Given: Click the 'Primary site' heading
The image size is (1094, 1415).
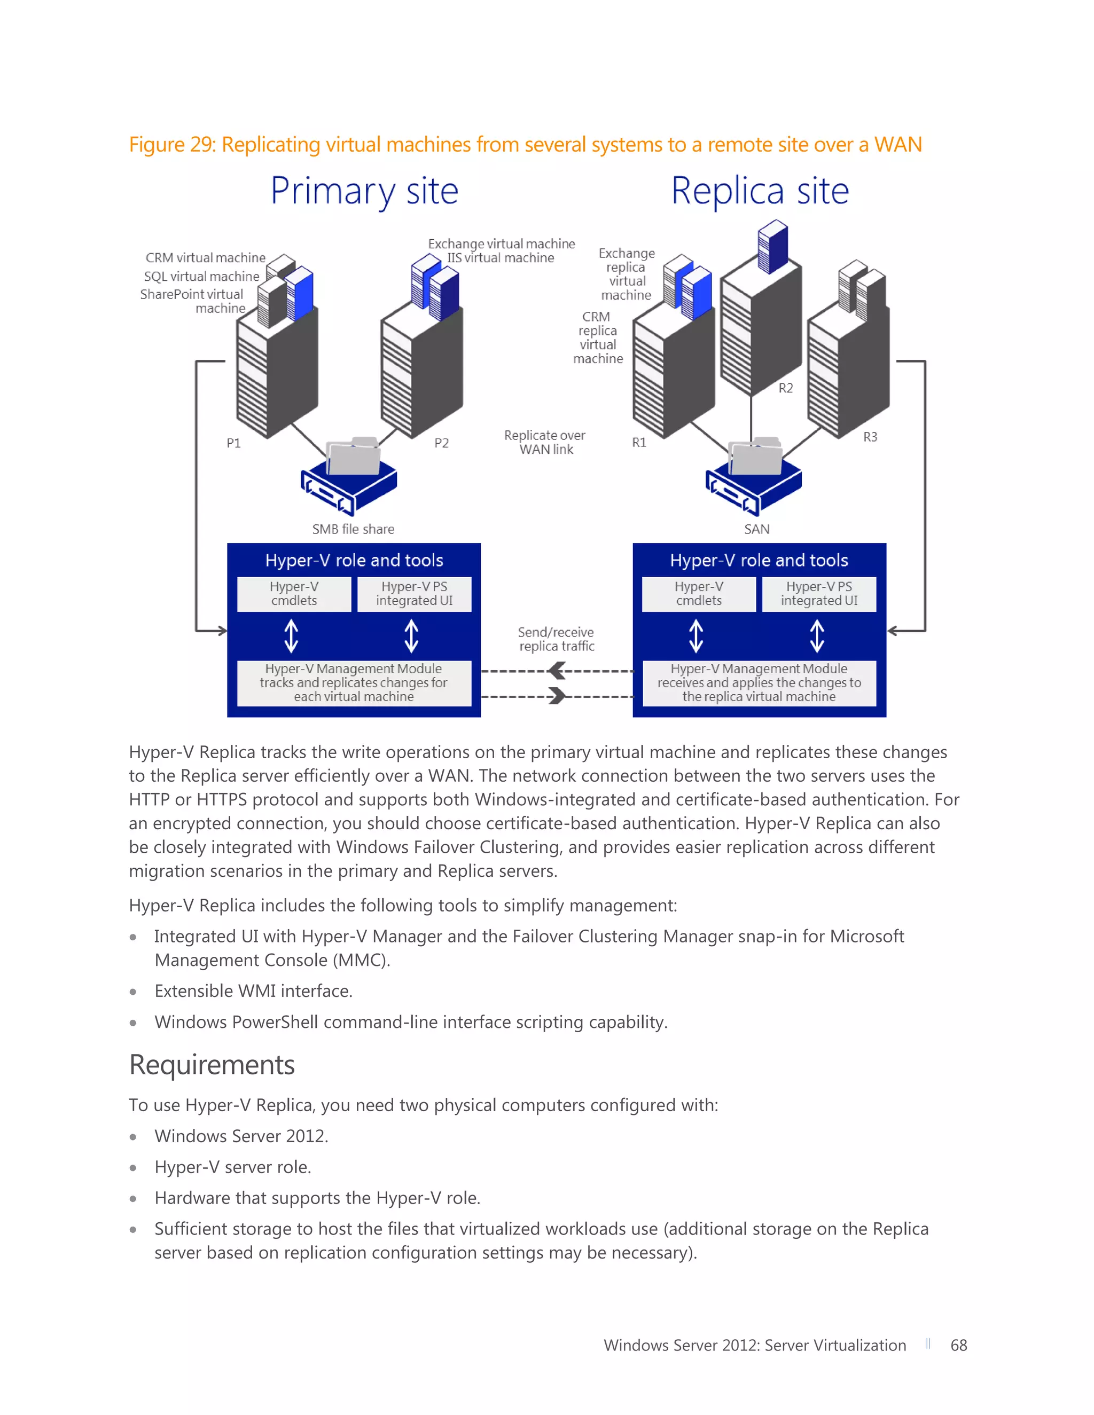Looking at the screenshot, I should [364, 192].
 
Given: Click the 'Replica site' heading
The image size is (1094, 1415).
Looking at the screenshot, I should [760, 192].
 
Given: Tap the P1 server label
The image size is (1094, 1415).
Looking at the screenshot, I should [233, 443].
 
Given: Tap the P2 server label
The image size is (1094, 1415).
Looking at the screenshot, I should [441, 443].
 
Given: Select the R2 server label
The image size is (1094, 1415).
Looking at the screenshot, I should [785, 388].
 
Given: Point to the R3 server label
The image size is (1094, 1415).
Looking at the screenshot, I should [870, 437].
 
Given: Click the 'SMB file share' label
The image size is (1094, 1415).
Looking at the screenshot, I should [353, 529].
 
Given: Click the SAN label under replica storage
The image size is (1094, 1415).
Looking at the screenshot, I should [756, 529].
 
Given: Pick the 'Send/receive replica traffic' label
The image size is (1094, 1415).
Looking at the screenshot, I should [556, 639].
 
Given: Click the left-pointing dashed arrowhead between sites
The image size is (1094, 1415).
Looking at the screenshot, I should [557, 671].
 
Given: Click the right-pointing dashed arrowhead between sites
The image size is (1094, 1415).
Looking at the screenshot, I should [557, 696].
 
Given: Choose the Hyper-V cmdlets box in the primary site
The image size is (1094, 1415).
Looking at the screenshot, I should [294, 593].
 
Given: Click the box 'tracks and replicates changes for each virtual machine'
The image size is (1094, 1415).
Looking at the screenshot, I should [354, 683].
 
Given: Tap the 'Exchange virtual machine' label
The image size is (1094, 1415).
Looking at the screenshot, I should [501, 243].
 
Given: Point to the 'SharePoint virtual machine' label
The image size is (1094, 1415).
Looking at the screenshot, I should [192, 301].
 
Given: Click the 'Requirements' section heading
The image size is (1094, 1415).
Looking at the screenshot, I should [212, 1065].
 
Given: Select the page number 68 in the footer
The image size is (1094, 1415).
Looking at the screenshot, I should [958, 1345].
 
